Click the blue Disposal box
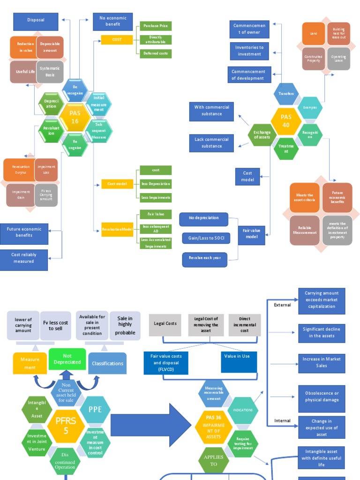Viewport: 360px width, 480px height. (36, 21)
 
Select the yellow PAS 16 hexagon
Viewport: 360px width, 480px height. (75, 118)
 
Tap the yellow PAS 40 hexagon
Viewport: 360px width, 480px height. (286, 121)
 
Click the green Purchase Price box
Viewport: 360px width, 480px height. (155, 26)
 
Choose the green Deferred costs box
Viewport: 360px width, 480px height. (155, 53)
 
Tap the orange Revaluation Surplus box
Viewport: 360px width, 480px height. (21, 170)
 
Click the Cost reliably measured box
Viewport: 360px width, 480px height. (24, 258)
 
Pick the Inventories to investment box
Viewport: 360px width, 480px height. (249, 51)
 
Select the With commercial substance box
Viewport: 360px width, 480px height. (211, 110)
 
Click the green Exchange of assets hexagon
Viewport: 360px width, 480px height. (262, 135)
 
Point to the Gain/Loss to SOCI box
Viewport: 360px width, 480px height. (206, 239)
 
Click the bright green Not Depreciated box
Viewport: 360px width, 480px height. (67, 359)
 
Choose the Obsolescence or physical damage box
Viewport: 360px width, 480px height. (322, 397)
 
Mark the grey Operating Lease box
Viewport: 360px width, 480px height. (338, 59)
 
